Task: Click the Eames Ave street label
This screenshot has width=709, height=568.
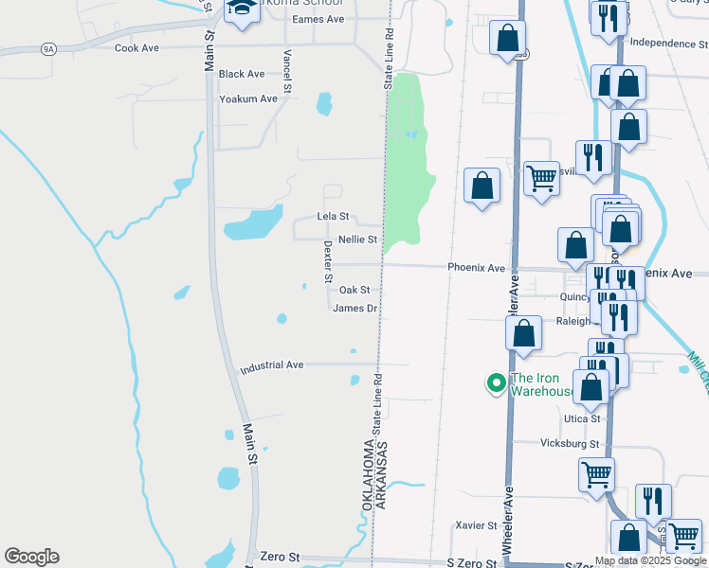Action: pos(318,19)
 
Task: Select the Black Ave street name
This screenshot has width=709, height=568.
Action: pos(241,74)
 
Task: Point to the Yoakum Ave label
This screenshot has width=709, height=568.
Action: pos(247,98)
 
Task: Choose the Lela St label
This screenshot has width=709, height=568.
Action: pos(333,217)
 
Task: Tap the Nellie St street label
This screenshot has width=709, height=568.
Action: pos(357,240)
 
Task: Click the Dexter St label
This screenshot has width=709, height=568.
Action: pos(328,255)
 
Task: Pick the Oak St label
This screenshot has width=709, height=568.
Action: pos(354,291)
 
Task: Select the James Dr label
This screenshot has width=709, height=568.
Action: pos(355,309)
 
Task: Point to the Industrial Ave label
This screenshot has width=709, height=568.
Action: pos(271,364)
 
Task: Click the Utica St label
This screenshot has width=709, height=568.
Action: pos(582,418)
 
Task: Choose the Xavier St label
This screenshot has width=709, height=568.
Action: pos(476,525)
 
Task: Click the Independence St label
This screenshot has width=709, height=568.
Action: pos(668,43)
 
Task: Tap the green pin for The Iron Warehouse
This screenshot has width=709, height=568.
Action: pos(495,383)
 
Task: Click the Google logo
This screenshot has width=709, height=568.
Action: pos(31,557)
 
